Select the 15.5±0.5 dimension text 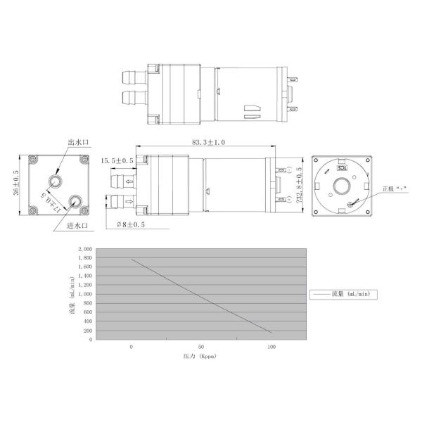(x=117, y=160)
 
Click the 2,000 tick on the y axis (x=84, y=249)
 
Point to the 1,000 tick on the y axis (x=84, y=294)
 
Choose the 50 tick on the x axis (x=201, y=347)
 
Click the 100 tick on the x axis (x=271, y=347)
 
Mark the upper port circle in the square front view (x=56, y=179)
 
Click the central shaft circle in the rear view (x=343, y=186)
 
